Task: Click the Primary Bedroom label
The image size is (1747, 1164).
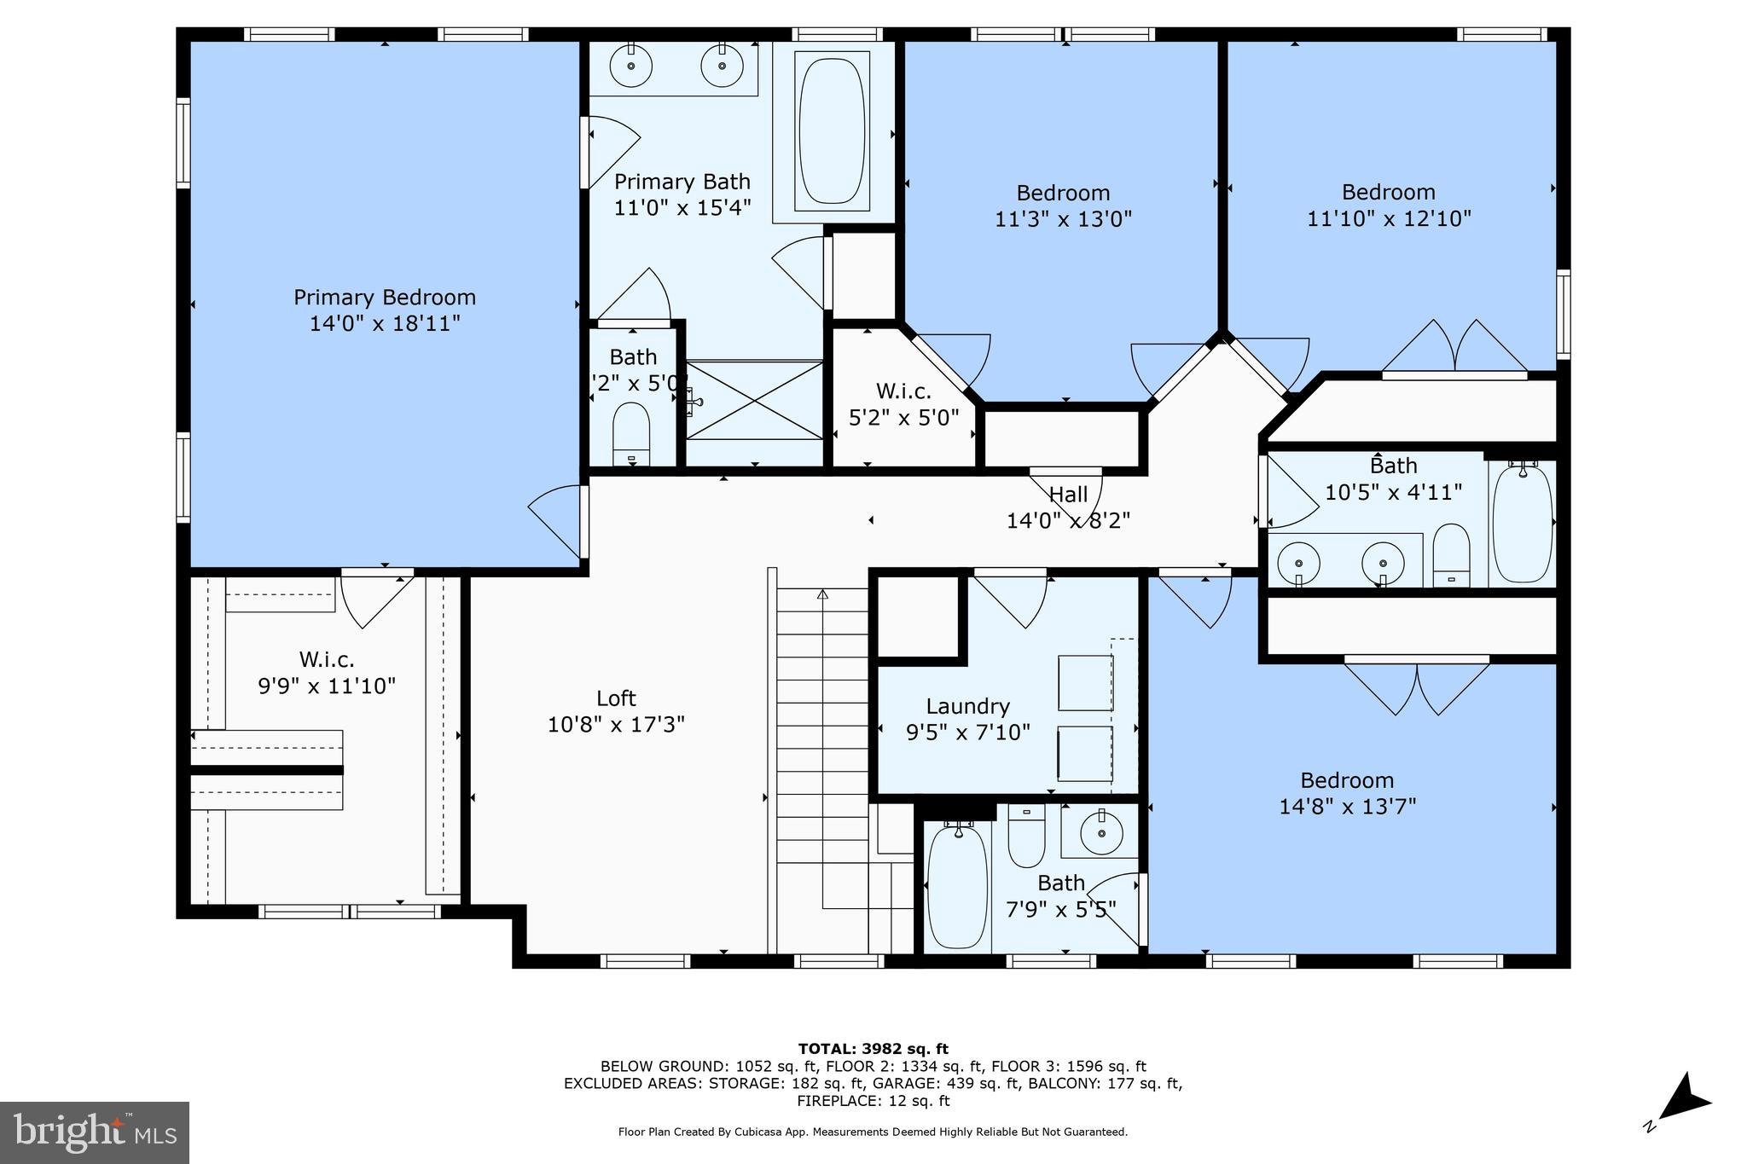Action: tap(385, 298)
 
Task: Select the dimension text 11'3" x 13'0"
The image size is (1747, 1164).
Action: tap(1063, 219)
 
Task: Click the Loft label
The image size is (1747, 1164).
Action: tap(616, 698)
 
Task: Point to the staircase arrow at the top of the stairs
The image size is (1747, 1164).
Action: tap(822, 594)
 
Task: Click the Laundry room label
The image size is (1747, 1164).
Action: tap(967, 706)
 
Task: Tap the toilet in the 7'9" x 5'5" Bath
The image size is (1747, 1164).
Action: tap(1026, 836)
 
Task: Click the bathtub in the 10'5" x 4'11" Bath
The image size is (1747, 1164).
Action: tap(1523, 523)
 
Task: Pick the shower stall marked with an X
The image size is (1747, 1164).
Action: tap(755, 400)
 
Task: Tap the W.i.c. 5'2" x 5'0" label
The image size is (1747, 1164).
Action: tap(903, 391)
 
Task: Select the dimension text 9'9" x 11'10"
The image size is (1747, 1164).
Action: tap(327, 686)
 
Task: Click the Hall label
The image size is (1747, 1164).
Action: tap(1068, 495)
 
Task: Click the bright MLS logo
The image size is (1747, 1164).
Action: tap(95, 1132)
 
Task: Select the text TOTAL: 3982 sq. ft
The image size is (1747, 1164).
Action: tap(873, 1049)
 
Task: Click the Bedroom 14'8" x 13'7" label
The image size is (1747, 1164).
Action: tap(1347, 780)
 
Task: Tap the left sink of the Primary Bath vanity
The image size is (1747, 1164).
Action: tap(631, 66)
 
